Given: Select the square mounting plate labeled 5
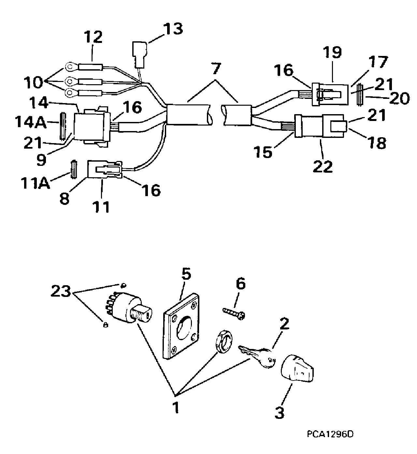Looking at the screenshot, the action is (x=181, y=326).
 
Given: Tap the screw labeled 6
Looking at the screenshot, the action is (x=234, y=313).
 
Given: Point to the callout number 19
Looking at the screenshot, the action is (x=333, y=52).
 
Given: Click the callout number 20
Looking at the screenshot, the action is (x=399, y=99).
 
